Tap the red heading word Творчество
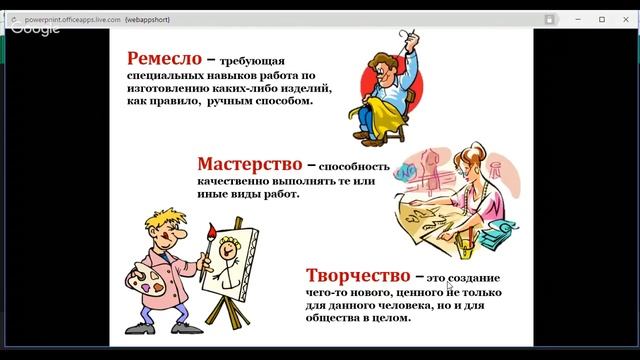(359, 274)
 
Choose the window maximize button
(602, 19)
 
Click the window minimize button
(576, 19)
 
